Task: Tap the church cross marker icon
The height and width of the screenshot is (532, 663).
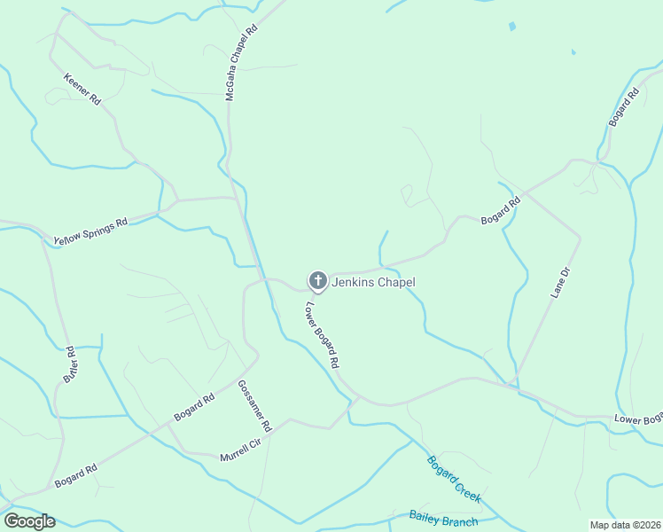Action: (x=317, y=281)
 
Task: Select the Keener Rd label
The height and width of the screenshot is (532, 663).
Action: (x=82, y=90)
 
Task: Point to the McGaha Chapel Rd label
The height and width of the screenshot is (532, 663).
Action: (x=240, y=62)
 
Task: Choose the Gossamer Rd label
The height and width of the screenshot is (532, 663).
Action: (x=254, y=406)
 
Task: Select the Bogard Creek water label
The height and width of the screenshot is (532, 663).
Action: (x=454, y=479)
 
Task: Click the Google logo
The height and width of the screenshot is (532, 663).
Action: (x=28, y=521)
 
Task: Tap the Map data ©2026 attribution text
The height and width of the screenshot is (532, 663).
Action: (x=625, y=525)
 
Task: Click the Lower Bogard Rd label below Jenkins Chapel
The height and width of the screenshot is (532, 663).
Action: (x=322, y=337)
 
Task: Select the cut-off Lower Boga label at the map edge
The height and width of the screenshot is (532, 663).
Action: (x=638, y=418)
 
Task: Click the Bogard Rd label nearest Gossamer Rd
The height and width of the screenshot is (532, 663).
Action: (x=194, y=408)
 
